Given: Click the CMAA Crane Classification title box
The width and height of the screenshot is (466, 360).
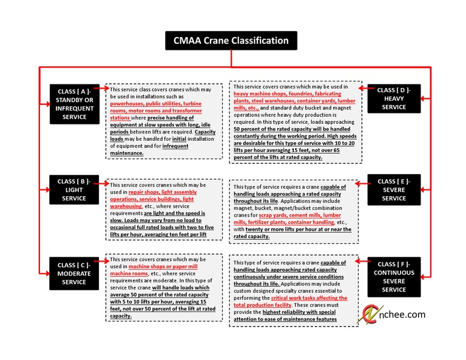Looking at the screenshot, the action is (232, 41).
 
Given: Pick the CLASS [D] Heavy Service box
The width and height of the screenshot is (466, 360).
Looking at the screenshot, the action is (394, 98).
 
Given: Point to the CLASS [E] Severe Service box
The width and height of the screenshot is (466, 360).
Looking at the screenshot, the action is (394, 189).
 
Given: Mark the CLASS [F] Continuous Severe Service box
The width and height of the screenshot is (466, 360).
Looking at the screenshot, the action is (394, 277).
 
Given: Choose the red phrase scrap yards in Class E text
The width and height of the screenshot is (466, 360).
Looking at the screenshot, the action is (274, 215).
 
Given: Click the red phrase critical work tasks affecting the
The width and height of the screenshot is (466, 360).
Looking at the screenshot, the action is (309, 298).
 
